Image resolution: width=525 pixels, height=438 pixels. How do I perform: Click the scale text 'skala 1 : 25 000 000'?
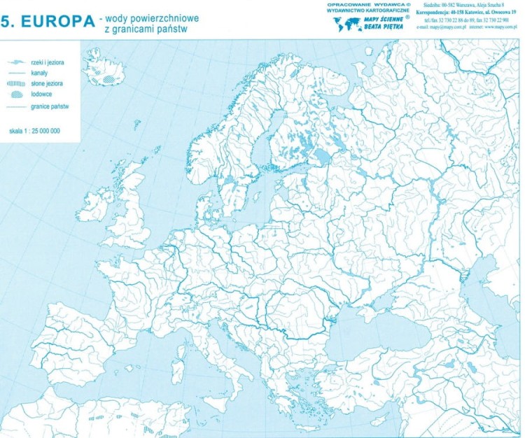coord(34,131)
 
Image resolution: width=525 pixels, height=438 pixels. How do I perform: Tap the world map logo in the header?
coord(346,25)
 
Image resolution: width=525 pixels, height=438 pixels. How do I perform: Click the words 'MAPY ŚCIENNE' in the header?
coord(383,20)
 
